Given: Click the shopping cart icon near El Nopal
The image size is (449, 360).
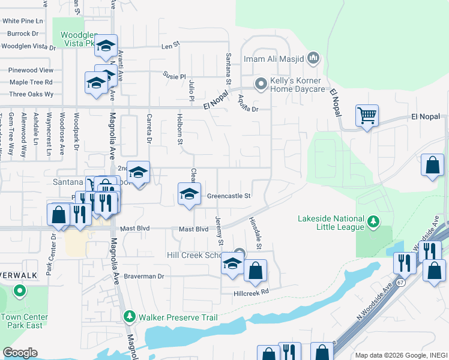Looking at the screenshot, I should pos(367,114).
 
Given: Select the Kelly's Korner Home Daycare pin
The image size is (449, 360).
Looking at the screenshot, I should pos(261,84).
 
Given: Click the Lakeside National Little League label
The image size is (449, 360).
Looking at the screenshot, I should pos(331,223).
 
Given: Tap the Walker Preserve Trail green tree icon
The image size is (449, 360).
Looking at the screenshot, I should pos(128,316).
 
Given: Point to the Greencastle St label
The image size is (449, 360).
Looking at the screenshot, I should pos(228,196).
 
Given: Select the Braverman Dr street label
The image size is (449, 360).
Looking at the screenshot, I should pos(144,277).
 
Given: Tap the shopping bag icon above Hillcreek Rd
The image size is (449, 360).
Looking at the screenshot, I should pos(255,271).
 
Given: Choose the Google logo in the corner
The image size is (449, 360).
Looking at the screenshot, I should pos(20,352).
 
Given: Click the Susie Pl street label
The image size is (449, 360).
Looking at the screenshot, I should pos(175,76).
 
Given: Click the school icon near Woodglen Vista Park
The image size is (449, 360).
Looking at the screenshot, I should pos(106,46).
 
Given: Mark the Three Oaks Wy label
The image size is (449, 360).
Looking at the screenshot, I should pos(31,94).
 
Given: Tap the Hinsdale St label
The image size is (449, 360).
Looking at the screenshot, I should pos(255,234).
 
